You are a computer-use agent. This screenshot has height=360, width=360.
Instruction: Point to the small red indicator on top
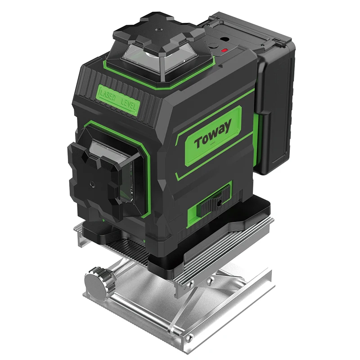[224, 50]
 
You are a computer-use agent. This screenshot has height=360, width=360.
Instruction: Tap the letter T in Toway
[198, 143]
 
